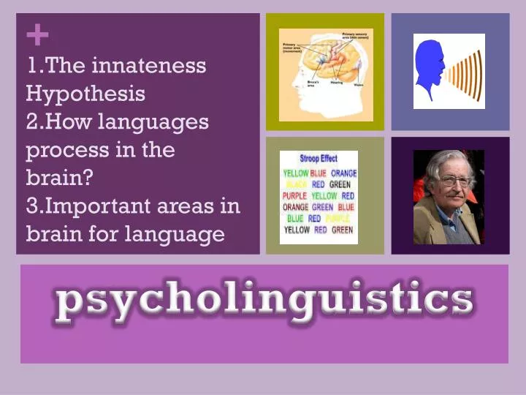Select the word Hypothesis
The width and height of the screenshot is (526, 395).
point(85,94)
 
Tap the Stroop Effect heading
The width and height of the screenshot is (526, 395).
point(319,159)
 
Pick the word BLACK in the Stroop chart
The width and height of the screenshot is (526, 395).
point(296,185)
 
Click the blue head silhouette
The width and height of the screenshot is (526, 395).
point(427,71)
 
